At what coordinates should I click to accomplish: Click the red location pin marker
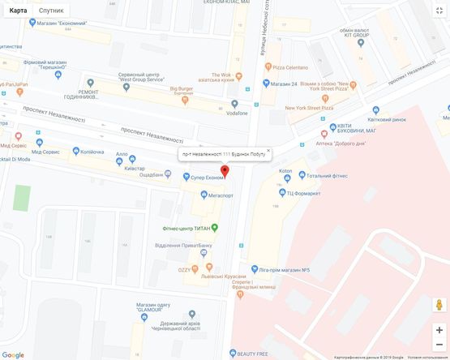tap(225, 170)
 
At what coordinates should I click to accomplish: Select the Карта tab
tap(18, 11)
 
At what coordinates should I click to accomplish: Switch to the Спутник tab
tap(51, 11)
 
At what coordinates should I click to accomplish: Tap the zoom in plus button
tap(439, 330)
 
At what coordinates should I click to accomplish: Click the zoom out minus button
tap(439, 345)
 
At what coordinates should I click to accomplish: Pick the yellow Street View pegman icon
tap(439, 305)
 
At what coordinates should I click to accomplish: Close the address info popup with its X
tap(268, 150)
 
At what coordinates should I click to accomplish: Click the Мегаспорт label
tap(221, 195)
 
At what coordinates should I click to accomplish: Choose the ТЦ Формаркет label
tap(303, 193)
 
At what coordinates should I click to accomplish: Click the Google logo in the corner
tap(13, 354)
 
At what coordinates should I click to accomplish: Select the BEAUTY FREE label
tap(252, 353)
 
